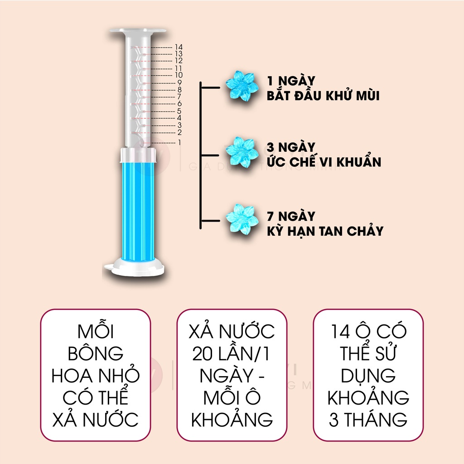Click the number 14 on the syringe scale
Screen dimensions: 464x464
coord(178,47)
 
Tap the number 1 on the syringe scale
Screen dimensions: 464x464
coord(179,142)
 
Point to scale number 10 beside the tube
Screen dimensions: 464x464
coord(178,75)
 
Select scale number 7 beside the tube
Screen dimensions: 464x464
coord(179,97)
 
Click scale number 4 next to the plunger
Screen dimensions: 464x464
coord(179,118)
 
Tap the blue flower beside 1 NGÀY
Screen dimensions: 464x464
coord(242,85)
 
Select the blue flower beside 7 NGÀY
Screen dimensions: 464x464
coord(242,219)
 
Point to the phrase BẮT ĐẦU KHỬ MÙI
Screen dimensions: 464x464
coord(323,96)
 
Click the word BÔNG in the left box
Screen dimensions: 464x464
coord(96,353)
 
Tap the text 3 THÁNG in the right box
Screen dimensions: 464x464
coord(368,419)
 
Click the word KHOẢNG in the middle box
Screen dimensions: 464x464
coord(232,419)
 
